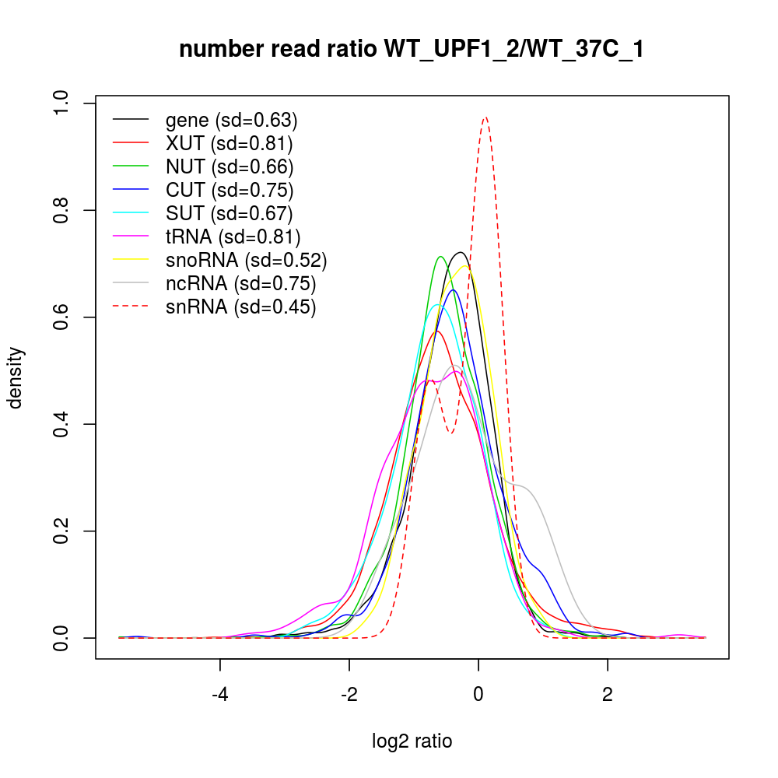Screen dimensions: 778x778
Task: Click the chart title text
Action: tap(412, 50)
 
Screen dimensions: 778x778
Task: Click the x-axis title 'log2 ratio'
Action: tap(412, 741)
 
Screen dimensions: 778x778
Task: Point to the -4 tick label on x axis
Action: tap(220, 694)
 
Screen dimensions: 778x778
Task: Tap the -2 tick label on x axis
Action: tap(349, 694)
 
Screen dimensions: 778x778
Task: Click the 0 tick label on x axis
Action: tap(478, 694)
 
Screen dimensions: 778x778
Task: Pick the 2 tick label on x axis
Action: tap(608, 694)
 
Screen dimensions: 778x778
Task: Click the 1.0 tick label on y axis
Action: tap(61, 103)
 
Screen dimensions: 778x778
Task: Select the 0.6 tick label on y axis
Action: tap(61, 317)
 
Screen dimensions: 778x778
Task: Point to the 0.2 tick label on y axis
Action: tap(61, 531)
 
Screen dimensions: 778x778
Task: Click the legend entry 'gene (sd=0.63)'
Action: tap(232, 120)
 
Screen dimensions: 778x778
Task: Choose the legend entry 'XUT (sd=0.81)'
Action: tap(229, 143)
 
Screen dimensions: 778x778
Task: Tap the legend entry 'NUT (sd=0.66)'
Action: tap(230, 166)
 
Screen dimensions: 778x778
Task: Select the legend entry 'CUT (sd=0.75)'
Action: tap(230, 190)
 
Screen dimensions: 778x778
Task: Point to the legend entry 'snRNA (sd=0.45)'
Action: tap(240, 307)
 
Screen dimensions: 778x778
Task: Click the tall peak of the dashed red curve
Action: tap(485, 117)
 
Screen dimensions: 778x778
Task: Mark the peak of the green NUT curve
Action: tap(441, 256)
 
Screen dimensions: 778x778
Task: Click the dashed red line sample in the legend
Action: tap(131, 307)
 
